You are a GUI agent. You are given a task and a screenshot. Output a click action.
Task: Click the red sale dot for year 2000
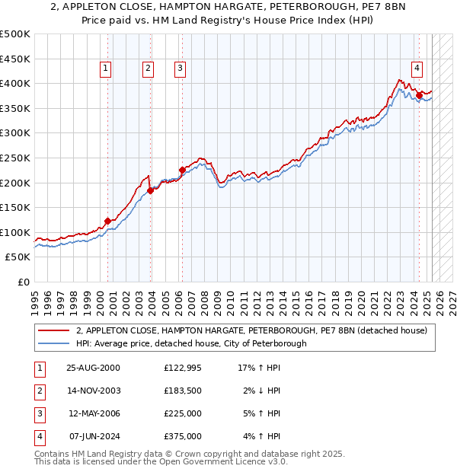[x=108, y=221]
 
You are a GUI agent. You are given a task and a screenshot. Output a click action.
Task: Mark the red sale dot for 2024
[x=419, y=95]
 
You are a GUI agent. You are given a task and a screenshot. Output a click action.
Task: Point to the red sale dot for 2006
[x=182, y=170]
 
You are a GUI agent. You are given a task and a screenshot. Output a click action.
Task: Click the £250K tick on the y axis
[x=15, y=158]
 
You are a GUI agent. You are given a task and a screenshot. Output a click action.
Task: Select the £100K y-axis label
[x=15, y=232]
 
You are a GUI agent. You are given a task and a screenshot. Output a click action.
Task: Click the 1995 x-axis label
[x=35, y=298]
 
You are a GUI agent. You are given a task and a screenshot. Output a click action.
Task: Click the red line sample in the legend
[x=54, y=331]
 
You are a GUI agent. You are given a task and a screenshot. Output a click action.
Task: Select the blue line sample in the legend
[x=54, y=343]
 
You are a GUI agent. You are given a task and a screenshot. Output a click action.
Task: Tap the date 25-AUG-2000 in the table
[x=94, y=368]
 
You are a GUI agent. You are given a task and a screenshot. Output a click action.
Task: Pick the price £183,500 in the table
[x=183, y=391]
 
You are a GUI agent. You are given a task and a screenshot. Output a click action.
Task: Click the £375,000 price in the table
[x=183, y=436]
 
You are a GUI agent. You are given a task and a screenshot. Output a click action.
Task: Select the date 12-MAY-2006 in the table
[x=94, y=413]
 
